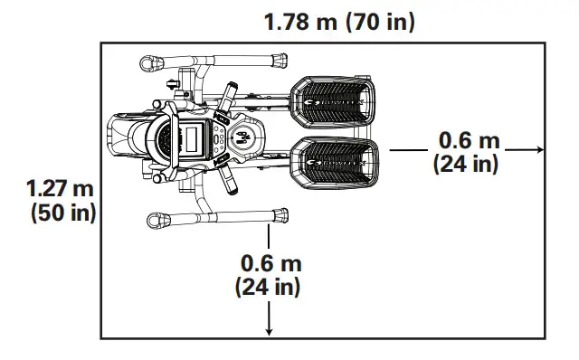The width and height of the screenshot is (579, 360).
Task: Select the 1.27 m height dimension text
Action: click(x=62, y=190)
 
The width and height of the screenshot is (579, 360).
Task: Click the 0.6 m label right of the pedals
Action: click(x=469, y=141)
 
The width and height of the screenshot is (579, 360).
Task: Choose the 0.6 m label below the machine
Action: click(x=271, y=263)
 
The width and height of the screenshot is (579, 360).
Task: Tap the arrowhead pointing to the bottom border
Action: click(x=269, y=332)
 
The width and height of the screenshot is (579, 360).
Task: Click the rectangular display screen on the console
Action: click(x=197, y=140)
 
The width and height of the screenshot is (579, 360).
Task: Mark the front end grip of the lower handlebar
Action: click(x=157, y=220)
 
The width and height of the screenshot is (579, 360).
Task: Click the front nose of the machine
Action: click(x=118, y=140)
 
